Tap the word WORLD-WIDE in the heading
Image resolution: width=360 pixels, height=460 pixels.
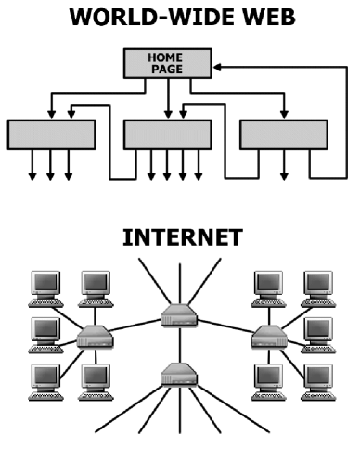(x=149, y=17)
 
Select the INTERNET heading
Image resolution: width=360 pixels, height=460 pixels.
(x=182, y=237)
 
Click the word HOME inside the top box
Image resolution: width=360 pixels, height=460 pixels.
(x=167, y=57)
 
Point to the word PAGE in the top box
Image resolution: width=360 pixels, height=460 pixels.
(x=167, y=69)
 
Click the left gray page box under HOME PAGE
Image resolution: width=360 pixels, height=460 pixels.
(x=52, y=134)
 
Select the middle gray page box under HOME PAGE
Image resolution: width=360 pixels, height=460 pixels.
(x=168, y=134)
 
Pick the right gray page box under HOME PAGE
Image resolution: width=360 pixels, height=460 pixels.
(x=284, y=134)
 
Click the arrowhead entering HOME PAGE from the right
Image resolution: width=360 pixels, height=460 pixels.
(x=216, y=66)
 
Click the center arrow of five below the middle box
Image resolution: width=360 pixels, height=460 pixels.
(x=168, y=172)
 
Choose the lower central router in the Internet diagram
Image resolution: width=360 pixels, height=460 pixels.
(x=180, y=374)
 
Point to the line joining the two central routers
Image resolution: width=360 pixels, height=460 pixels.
(x=180, y=345)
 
